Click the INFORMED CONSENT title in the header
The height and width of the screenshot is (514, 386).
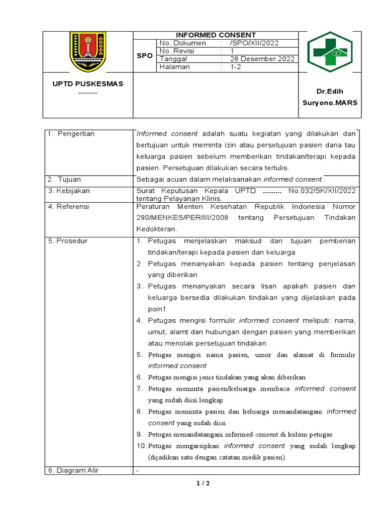[x=216, y=35]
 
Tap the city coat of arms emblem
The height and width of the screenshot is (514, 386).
[x=87, y=52]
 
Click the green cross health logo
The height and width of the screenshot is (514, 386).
[x=330, y=52]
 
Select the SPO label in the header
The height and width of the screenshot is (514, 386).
[x=144, y=56]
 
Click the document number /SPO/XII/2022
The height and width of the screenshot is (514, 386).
[x=256, y=43]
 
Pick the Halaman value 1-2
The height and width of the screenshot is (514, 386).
[x=236, y=67]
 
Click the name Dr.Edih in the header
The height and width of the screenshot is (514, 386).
[x=329, y=92]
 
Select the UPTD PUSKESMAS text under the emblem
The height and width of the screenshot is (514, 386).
[x=87, y=83]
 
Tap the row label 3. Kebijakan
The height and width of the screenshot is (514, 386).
[x=69, y=191]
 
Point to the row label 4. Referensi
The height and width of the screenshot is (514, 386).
[x=69, y=206]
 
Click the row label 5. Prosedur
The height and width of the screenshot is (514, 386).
[x=68, y=241]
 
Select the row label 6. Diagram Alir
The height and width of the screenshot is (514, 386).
[x=73, y=470]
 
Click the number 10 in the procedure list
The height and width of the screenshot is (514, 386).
[x=141, y=446]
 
